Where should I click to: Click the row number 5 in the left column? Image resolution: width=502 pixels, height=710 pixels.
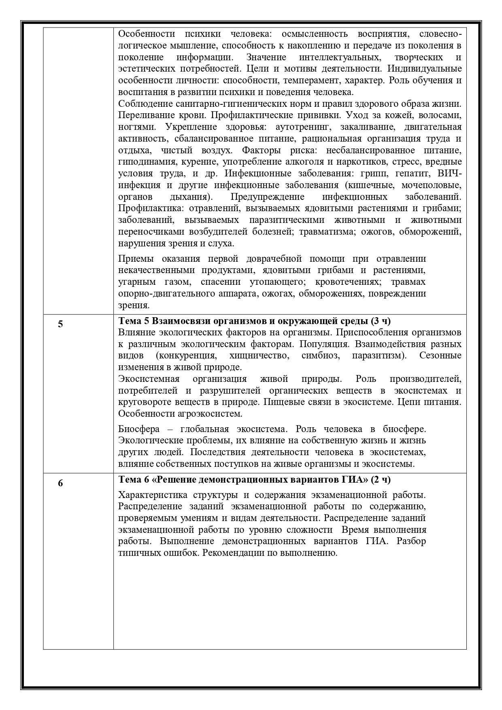tap(60, 324)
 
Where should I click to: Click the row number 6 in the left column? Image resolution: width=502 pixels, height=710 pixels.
tap(60, 483)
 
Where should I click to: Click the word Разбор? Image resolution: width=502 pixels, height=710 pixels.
tap(411, 541)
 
